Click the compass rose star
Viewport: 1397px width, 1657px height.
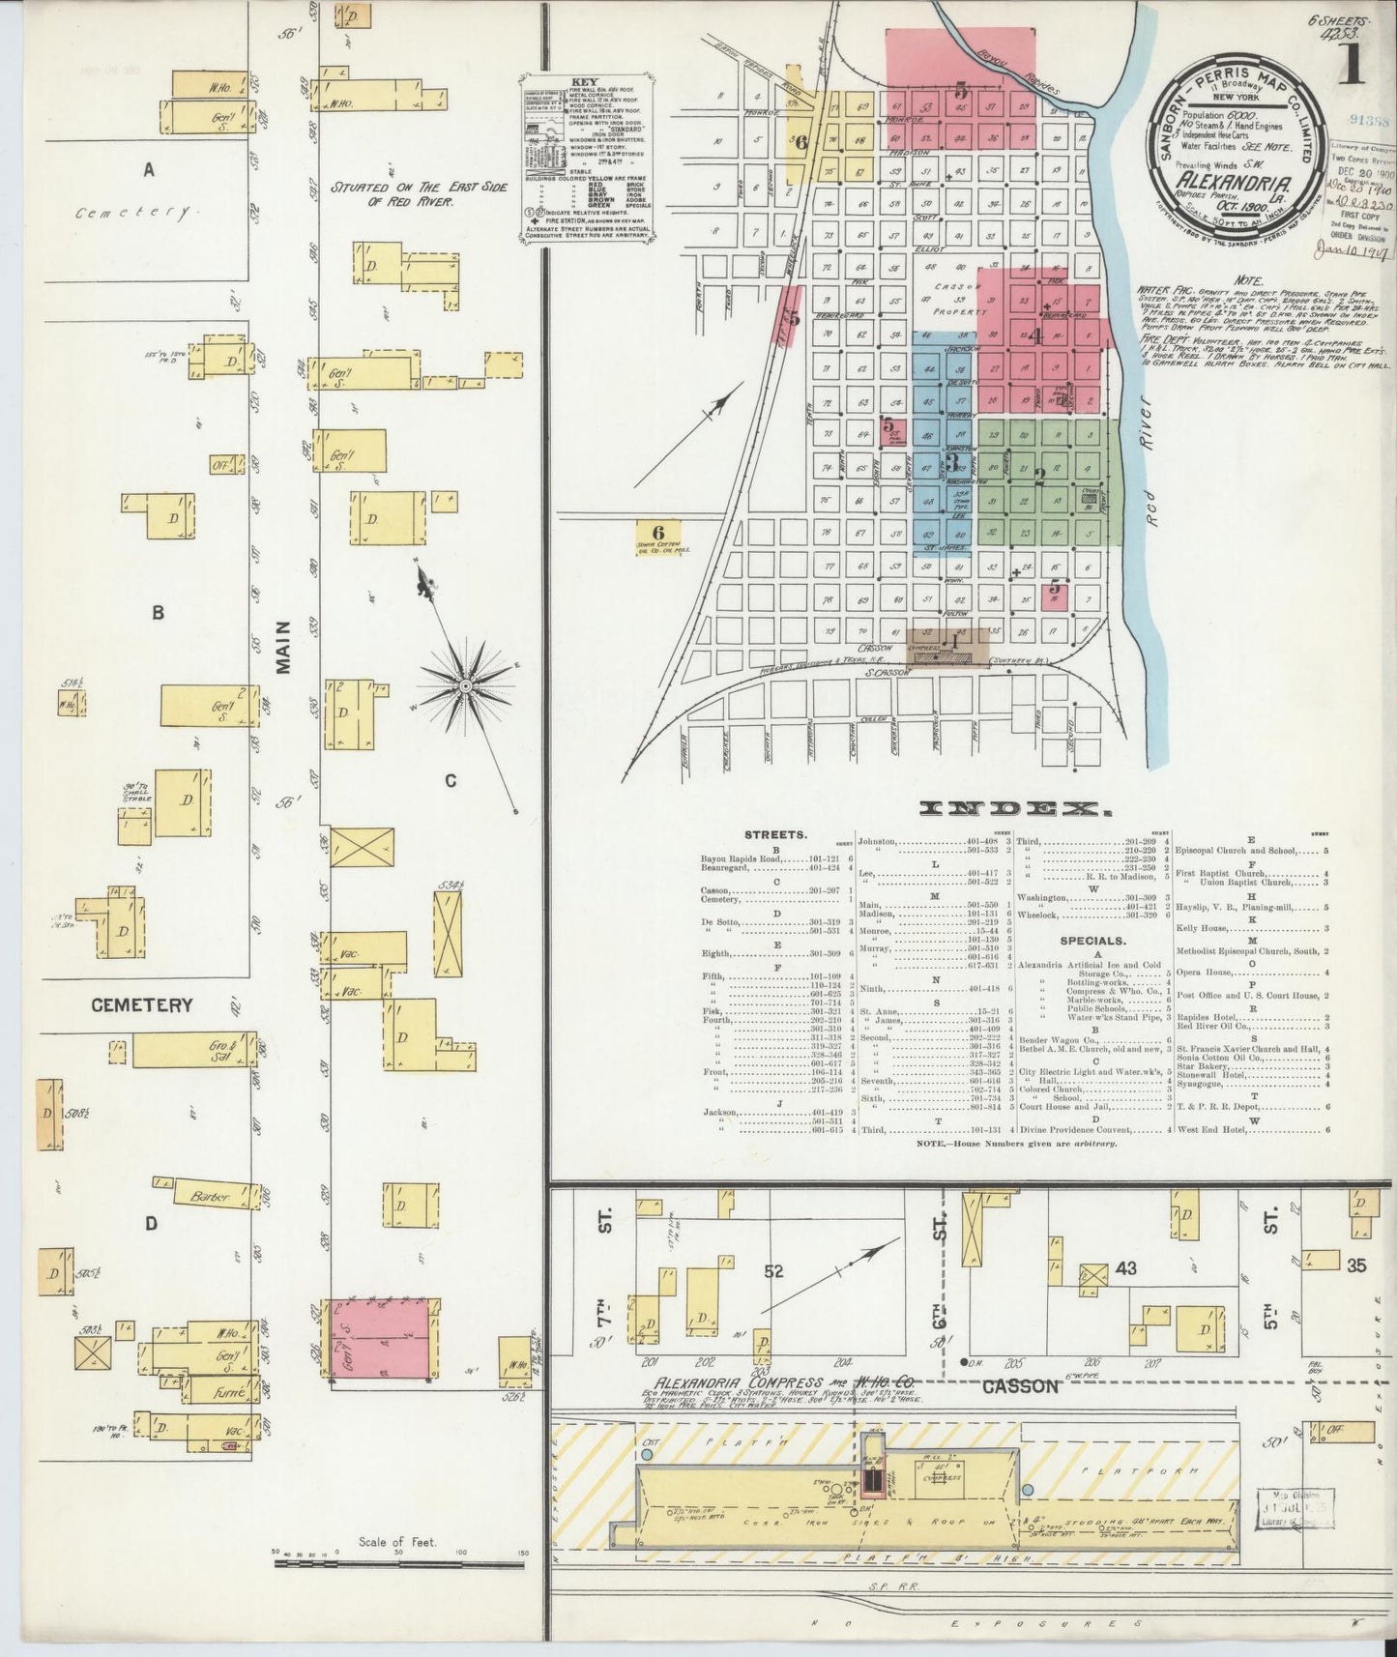pyautogui.click(x=465, y=685)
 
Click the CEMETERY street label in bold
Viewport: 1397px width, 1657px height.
pyautogui.click(x=142, y=1005)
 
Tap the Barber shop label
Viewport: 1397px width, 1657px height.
pyautogui.click(x=211, y=1197)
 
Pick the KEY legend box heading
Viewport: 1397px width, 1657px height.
pyautogui.click(x=585, y=83)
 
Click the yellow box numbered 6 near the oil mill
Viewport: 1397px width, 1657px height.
pyautogui.click(x=658, y=532)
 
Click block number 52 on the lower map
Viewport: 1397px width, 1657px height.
pyautogui.click(x=773, y=1271)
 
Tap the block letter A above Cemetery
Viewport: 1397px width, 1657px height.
pyautogui.click(x=148, y=171)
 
